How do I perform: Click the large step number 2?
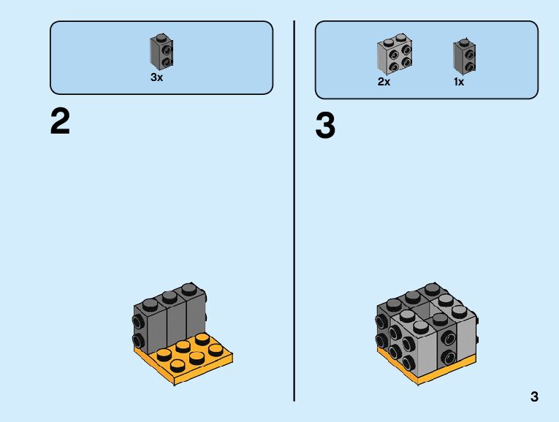click(x=60, y=122)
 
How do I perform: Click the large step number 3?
click(x=325, y=126)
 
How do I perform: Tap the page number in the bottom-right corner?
click(x=534, y=397)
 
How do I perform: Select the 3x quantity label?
click(x=156, y=77)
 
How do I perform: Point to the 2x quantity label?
click(x=384, y=82)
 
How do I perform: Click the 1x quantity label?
click(x=458, y=82)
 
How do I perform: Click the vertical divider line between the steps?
click(x=294, y=212)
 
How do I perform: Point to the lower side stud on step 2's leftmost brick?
click(x=137, y=339)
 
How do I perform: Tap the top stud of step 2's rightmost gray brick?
click(x=190, y=288)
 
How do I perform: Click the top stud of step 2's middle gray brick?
click(x=170, y=296)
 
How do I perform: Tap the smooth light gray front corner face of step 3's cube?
click(x=424, y=347)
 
